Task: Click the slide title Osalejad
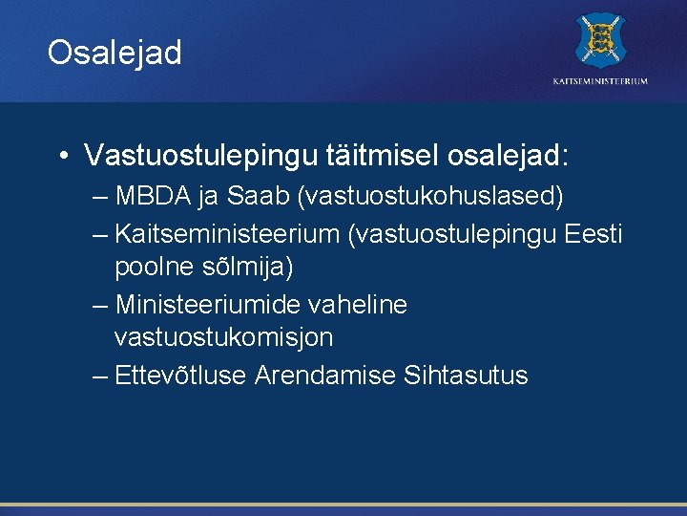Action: coord(114,53)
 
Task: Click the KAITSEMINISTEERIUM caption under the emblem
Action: coord(600,81)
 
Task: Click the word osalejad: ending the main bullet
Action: coord(514,154)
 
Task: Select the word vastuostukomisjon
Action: coord(223,337)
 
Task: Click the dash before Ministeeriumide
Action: coord(101,305)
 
